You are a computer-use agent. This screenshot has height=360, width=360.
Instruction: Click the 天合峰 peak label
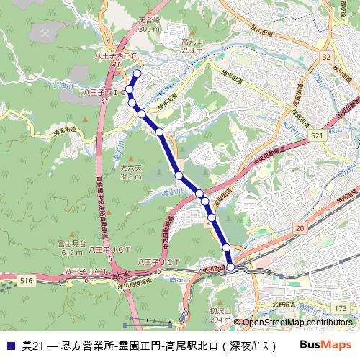[149, 21]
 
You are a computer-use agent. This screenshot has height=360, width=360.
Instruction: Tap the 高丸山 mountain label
[192, 42]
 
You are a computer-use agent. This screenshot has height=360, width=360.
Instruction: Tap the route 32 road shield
[326, 55]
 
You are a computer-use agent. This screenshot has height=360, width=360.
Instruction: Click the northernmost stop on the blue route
[137, 73]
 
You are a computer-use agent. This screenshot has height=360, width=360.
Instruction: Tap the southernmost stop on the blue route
[230, 267]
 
